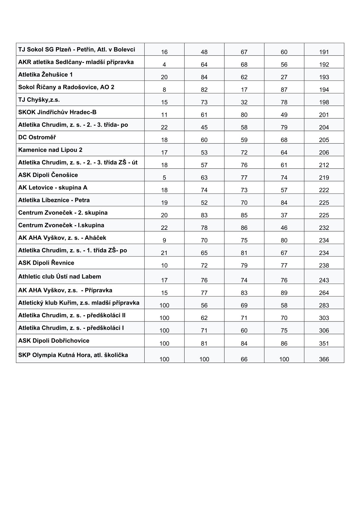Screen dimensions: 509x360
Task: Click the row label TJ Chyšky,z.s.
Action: click(39, 100)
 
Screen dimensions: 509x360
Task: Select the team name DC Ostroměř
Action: click(37, 137)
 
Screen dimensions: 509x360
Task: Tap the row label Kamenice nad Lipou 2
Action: click(50, 150)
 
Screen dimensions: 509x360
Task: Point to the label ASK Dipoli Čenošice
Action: click(48, 175)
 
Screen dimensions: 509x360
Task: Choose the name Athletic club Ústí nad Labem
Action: click(60, 277)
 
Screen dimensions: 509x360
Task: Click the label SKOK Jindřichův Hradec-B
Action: click(57, 112)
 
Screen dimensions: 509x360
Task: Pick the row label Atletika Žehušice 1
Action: click(45, 75)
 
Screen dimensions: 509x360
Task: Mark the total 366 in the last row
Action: click(324, 359)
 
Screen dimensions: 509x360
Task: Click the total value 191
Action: click(324, 52)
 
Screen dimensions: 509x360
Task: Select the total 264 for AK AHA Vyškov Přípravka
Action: click(324, 293)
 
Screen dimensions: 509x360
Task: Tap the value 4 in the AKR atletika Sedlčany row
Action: click(164, 65)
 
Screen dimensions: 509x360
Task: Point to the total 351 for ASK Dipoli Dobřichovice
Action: click(324, 344)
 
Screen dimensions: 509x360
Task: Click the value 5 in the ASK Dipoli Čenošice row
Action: click(164, 178)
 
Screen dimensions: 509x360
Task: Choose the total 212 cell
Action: click(324, 165)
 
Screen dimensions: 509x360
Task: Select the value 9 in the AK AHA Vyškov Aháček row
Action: click(164, 240)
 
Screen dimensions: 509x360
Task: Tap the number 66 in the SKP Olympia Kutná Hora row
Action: click(244, 359)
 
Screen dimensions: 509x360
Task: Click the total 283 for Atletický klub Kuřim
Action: click(324, 305)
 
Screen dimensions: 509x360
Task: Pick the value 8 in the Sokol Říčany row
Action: click(164, 90)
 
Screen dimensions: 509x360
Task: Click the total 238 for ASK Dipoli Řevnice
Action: click(324, 266)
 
